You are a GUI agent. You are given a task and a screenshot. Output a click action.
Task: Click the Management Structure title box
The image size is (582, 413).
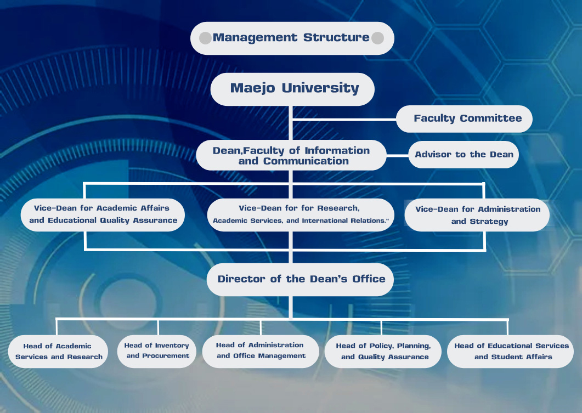pyautogui.click(x=292, y=38)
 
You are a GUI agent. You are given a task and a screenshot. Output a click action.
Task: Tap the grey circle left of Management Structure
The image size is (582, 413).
pyautogui.click(x=205, y=38)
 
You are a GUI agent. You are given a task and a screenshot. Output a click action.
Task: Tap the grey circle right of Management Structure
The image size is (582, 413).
pyautogui.click(x=377, y=38)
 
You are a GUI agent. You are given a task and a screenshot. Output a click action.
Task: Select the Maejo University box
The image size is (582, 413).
pyautogui.click(x=292, y=89)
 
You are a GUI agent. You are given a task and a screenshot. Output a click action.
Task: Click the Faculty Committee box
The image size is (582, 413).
pyautogui.click(x=464, y=118)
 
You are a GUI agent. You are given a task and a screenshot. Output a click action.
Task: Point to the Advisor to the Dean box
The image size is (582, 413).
pyautogui.click(x=464, y=154)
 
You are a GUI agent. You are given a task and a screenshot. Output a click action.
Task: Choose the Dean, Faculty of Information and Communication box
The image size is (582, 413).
pyautogui.click(x=291, y=155)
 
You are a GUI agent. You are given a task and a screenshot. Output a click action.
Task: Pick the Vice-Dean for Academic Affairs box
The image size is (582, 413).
pyautogui.click(x=103, y=215)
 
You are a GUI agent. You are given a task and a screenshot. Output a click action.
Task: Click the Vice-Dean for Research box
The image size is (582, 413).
pyautogui.click(x=301, y=215)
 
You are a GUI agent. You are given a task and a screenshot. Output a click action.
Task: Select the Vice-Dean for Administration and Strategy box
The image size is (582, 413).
pyautogui.click(x=477, y=215)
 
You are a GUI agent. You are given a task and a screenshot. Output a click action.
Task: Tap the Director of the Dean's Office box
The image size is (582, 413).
pyautogui.click(x=300, y=279)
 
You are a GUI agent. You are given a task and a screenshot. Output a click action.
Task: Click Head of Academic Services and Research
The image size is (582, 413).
pyautogui.click(x=58, y=352)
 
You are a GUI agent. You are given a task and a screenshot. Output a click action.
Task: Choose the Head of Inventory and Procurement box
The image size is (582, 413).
pyautogui.click(x=157, y=352)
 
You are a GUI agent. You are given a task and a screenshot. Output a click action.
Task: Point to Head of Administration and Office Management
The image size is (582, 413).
pyautogui.click(x=261, y=352)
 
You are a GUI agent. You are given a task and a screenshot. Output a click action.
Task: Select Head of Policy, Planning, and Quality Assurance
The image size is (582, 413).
pyautogui.click(x=383, y=352)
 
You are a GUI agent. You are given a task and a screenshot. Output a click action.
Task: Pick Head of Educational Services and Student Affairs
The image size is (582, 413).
pyautogui.click(x=510, y=352)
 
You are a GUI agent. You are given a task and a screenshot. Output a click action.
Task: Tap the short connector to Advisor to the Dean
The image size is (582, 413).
pyautogui.click(x=398, y=155)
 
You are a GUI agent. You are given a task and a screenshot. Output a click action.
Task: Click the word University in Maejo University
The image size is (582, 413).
pyautogui.click(x=320, y=88)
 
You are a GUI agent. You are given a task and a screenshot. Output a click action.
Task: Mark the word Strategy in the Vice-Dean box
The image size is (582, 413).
pyautogui.click(x=489, y=222)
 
